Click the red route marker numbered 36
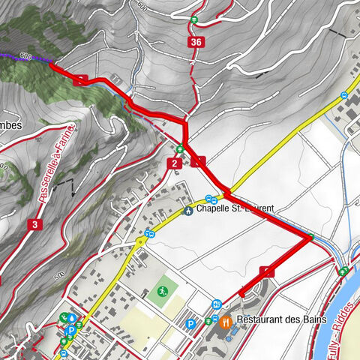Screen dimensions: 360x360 (x=196, y=42)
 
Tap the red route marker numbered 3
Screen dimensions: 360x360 (x=34, y=224)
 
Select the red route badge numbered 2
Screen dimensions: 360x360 (x=174, y=163)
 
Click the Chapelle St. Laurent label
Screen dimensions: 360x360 (x=232, y=210)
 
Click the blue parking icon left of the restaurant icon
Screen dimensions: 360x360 (x=190, y=324)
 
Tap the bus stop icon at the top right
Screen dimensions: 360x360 (x=344, y=95)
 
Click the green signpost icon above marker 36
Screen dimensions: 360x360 (x=193, y=20)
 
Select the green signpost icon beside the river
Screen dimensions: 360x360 (x=343, y=270)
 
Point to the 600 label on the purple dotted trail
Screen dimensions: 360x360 (x=26, y=56)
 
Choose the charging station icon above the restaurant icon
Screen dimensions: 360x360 (x=216, y=304)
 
